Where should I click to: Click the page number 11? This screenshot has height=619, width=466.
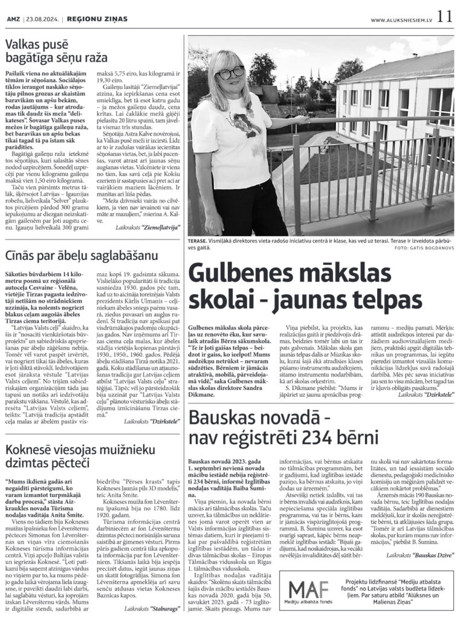tap(444, 16)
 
